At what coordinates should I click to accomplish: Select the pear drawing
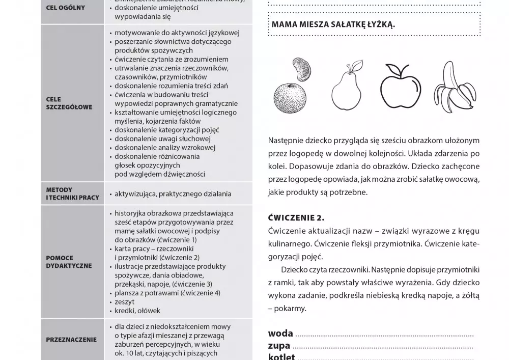[x=347, y=90]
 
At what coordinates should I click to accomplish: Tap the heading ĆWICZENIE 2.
[x=296, y=218]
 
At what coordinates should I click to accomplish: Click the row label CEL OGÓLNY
[x=66, y=8]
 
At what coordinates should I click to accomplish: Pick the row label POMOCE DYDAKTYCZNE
[x=69, y=262]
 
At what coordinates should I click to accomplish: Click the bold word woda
[x=280, y=334]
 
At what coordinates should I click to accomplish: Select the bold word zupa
[x=279, y=346]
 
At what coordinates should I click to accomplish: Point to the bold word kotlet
[x=281, y=356]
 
